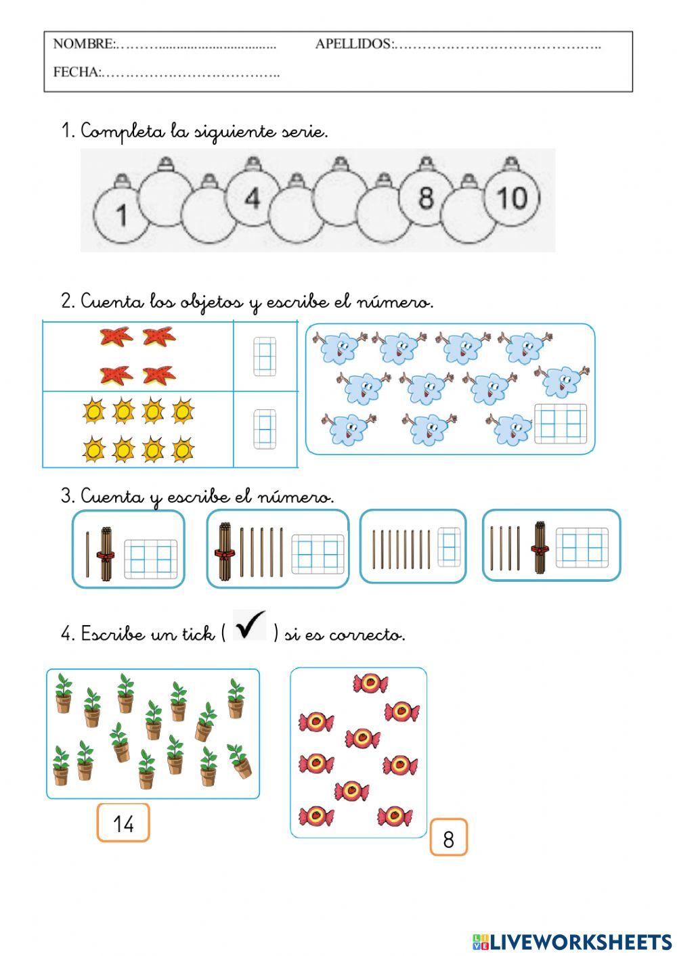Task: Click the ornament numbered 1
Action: click(120, 213)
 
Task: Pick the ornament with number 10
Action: click(512, 198)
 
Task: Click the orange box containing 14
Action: click(123, 823)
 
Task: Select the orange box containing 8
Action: click(448, 838)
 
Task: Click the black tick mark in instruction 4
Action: click(250, 626)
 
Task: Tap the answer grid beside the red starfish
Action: click(263, 357)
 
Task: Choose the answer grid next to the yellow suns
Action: click(263, 429)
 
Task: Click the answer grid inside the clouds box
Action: click(561, 424)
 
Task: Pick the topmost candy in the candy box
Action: click(370, 683)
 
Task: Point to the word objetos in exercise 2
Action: click(211, 302)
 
